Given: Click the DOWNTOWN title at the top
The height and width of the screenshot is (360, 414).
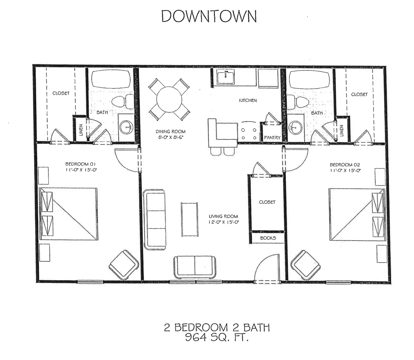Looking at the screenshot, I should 209,16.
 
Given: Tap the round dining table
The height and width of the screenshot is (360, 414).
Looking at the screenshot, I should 169,99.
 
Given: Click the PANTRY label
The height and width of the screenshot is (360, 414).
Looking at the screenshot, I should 272,138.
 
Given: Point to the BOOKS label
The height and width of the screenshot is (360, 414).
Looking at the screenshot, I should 268,238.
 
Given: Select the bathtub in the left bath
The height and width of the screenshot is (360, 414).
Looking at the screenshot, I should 111,79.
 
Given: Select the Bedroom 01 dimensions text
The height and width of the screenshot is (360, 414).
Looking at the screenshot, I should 81,170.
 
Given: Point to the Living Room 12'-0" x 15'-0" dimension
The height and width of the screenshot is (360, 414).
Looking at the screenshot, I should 223,222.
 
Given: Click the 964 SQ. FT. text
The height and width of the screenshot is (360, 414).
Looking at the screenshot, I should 216,338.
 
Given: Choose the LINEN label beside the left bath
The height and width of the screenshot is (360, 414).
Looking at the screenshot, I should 81,130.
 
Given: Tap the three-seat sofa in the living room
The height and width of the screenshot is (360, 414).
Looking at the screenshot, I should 155,219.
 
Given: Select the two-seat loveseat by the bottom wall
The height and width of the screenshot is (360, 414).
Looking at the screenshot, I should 195,267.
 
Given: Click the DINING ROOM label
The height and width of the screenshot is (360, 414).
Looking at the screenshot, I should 170,131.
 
